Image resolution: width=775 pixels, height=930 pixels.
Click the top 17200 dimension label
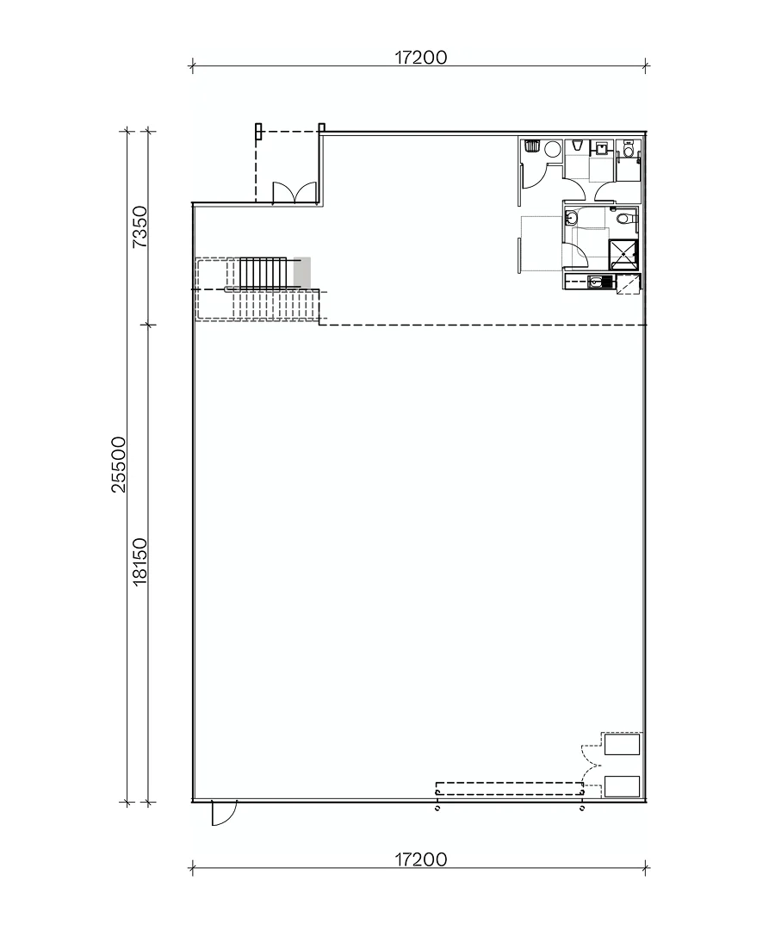click(421, 58)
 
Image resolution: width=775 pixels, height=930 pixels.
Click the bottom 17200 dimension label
click(421, 859)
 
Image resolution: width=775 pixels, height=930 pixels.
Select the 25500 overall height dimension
click(119, 464)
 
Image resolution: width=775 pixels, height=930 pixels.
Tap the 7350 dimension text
click(140, 226)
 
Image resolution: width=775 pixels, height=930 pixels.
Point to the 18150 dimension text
click(140, 561)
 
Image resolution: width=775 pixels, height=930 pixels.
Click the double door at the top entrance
click(286, 194)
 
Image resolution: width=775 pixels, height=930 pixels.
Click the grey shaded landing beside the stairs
click(301, 271)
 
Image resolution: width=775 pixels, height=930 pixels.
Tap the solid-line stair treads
click(263, 272)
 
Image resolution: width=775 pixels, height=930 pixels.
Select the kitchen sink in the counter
click(595, 281)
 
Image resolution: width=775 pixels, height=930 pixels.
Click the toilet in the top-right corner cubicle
click(629, 152)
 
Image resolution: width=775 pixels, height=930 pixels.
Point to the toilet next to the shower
click(629, 221)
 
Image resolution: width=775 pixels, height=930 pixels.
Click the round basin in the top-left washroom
click(552, 150)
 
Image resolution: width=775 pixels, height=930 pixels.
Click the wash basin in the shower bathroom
click(571, 219)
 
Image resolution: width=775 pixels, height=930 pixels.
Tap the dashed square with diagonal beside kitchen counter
click(630, 283)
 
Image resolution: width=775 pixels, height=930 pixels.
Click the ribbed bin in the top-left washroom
click(531, 146)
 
